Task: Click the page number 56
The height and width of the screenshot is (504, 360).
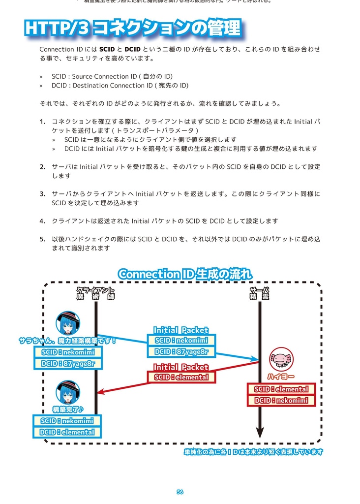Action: point(180,492)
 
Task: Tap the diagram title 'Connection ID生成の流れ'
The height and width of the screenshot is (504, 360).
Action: point(185,274)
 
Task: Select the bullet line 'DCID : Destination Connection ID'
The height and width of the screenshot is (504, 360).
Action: point(120,86)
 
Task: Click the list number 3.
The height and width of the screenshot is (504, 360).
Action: point(42,194)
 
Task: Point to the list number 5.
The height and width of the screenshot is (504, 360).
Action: point(42,239)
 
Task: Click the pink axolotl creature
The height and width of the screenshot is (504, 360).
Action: point(280,359)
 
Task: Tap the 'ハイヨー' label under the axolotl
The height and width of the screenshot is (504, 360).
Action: point(281,377)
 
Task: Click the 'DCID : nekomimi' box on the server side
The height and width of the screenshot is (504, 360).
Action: point(281,401)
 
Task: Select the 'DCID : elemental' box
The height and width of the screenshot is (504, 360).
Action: point(67,432)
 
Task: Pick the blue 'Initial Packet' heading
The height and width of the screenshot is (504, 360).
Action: point(180,330)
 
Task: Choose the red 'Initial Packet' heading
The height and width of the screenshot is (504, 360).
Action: point(180,367)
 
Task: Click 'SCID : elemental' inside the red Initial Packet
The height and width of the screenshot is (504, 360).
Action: point(180,378)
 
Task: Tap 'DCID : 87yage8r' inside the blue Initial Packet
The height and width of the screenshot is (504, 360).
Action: point(180,352)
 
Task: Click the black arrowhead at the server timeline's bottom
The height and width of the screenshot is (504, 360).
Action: point(260,433)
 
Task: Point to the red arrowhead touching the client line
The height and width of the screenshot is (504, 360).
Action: point(101,392)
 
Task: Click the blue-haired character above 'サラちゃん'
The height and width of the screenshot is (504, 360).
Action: point(67,323)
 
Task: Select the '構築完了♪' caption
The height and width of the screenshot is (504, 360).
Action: point(67,409)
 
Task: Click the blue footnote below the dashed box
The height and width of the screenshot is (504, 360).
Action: point(253,452)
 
